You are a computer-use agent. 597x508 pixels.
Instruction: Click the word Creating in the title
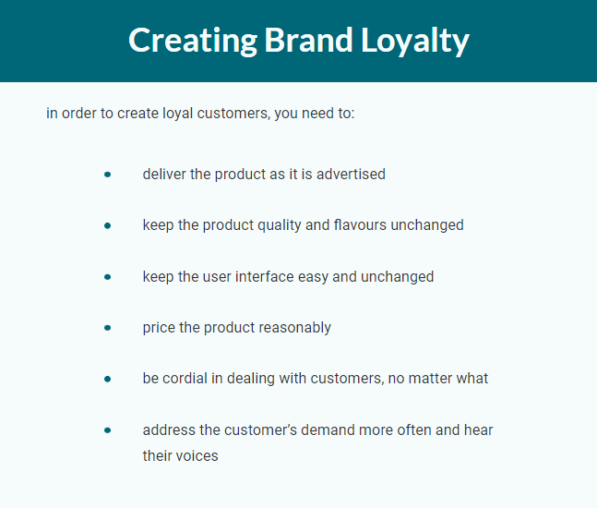point(193,41)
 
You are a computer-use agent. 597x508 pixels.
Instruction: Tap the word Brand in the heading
point(309,40)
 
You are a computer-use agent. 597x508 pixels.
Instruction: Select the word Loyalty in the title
point(414,41)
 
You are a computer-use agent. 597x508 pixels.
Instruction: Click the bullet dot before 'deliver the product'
point(107,175)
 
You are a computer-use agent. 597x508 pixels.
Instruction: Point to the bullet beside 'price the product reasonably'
point(107,328)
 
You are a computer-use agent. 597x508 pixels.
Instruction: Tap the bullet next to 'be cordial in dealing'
point(107,379)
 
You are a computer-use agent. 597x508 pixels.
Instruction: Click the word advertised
point(351,175)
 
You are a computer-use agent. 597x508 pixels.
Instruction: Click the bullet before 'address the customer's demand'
point(107,430)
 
